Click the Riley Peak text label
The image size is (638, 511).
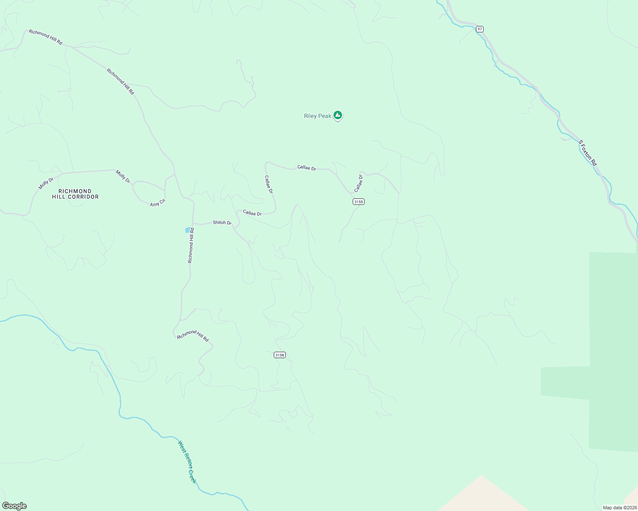(317, 116)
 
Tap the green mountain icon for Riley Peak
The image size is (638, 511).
(338, 115)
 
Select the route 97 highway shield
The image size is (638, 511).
(480, 29)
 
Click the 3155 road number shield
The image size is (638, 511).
(359, 201)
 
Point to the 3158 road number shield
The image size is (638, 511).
(279, 355)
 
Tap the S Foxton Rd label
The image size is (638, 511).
(588, 153)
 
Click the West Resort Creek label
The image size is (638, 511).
(188, 462)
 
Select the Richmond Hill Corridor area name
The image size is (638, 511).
(75, 194)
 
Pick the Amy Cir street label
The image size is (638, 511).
(157, 203)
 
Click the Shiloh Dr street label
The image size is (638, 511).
(222, 223)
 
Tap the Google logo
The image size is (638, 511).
(14, 506)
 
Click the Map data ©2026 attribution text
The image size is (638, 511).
(619, 508)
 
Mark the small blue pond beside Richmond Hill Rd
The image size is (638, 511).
(187, 230)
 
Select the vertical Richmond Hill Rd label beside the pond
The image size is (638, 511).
(191, 245)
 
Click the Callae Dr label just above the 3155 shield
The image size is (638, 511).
(358, 183)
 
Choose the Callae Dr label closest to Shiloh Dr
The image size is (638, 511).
(252, 213)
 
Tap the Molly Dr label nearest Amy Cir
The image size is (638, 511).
(123, 176)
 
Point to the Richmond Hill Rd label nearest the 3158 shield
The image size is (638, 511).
(193, 336)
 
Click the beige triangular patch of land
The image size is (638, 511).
(482, 496)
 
